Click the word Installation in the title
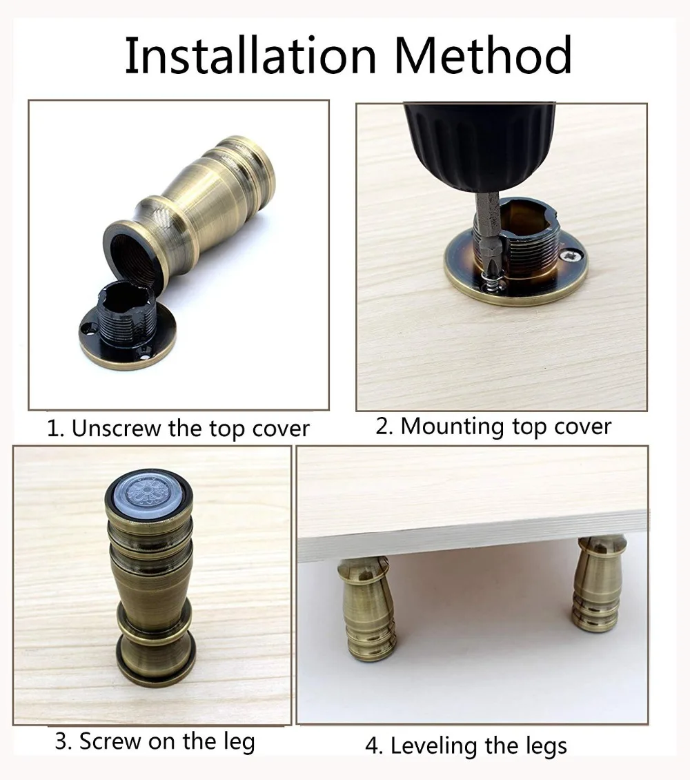click(x=250, y=56)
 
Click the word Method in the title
click(x=483, y=56)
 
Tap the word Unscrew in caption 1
click(x=117, y=428)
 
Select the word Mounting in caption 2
click(x=452, y=427)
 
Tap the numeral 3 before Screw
click(x=61, y=741)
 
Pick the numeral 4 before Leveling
click(x=371, y=746)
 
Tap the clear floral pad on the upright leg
click(x=148, y=490)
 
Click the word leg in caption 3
click(x=239, y=741)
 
